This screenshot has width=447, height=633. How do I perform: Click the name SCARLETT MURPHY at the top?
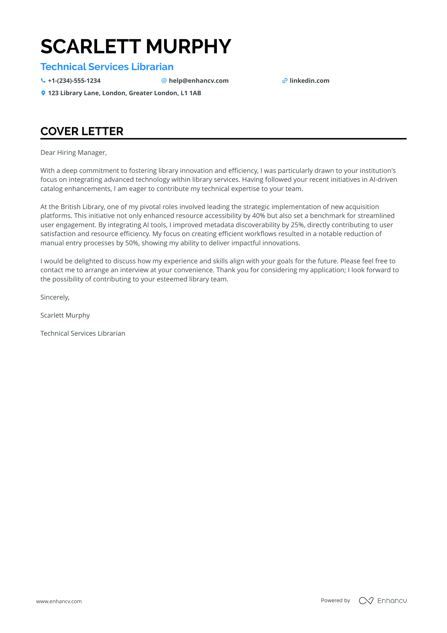click(x=136, y=47)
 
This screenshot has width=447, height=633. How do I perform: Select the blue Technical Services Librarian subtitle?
click(x=107, y=67)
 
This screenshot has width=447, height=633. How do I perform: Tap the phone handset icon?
click(x=43, y=81)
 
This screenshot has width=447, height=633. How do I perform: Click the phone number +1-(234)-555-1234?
click(x=74, y=81)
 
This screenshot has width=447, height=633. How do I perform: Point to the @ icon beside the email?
click(x=164, y=81)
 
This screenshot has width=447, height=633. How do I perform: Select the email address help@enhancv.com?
click(x=198, y=81)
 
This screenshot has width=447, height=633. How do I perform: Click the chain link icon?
click(x=285, y=81)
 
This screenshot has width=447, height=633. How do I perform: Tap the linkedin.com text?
click(x=309, y=81)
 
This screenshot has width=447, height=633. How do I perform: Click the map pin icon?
click(x=43, y=93)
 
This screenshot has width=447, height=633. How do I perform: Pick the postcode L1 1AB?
click(x=191, y=93)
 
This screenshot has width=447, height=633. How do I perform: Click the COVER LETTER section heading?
click(x=82, y=131)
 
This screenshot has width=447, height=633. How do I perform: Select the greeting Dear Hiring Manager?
click(x=74, y=153)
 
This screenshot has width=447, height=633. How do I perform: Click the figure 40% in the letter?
click(x=258, y=216)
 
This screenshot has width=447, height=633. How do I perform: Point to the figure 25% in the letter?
click(x=297, y=225)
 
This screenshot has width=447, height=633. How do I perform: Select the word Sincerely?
click(x=55, y=297)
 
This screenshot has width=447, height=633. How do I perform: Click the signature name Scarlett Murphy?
click(x=65, y=315)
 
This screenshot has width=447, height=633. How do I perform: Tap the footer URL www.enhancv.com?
click(x=59, y=601)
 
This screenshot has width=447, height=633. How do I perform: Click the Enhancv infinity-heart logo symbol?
click(x=366, y=601)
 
